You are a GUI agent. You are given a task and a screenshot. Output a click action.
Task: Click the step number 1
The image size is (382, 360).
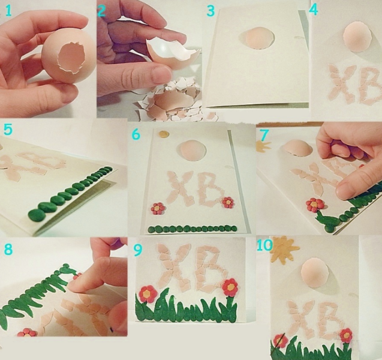8,11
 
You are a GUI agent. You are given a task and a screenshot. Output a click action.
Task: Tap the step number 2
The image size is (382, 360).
101,11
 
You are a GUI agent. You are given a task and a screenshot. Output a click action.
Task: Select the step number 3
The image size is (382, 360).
210,11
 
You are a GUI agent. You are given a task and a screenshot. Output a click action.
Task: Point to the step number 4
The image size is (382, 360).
313,10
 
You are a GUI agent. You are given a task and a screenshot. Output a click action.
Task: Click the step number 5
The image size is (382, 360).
8,130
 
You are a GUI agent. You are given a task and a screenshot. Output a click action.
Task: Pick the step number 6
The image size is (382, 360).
136,134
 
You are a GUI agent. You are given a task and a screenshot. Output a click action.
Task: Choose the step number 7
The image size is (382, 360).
264,136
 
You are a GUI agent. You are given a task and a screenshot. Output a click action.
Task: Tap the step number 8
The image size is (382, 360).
8,250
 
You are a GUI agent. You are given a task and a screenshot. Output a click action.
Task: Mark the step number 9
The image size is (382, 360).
138,251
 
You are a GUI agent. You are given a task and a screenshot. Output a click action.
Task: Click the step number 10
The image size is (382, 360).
264,245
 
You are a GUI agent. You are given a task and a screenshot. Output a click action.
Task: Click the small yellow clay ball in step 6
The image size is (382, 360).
164,133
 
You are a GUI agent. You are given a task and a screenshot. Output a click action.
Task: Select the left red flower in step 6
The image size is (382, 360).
158,209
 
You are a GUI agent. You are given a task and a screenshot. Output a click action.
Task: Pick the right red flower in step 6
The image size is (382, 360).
228,202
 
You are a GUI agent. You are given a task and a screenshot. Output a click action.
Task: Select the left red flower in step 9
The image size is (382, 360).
148,294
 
